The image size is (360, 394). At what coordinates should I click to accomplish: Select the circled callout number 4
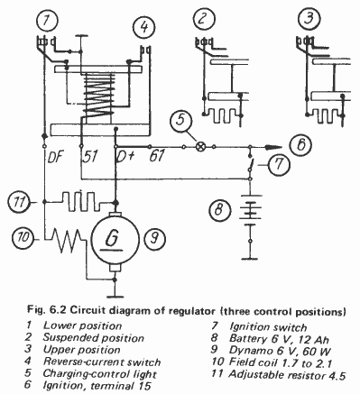[144, 27]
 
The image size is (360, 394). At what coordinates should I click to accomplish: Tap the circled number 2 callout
[203, 18]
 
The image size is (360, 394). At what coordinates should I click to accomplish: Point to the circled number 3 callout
[309, 18]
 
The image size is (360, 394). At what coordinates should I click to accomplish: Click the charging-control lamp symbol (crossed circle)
[200, 147]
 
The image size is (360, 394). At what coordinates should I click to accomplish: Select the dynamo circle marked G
[115, 239]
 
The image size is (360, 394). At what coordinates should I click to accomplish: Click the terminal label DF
[56, 156]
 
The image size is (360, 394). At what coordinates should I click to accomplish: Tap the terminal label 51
[90, 156]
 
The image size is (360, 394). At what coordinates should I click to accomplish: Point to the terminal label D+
[124, 156]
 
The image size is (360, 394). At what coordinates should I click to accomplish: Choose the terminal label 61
[157, 156]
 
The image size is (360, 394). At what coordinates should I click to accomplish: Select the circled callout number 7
[279, 165]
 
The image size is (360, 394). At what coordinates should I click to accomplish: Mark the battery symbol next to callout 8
[250, 210]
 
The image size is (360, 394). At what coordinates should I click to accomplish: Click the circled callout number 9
[154, 239]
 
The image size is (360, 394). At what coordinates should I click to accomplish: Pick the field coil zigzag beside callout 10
[67, 240]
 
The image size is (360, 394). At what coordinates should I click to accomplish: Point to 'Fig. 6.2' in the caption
[47, 310]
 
